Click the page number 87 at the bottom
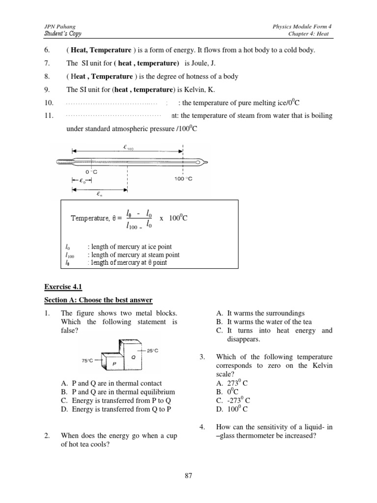coord(188,475)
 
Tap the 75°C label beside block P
coord(88,360)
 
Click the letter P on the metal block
coord(113,363)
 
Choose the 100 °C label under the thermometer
coord(184,179)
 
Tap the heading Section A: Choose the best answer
coord(99,300)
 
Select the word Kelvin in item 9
coord(199,89)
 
